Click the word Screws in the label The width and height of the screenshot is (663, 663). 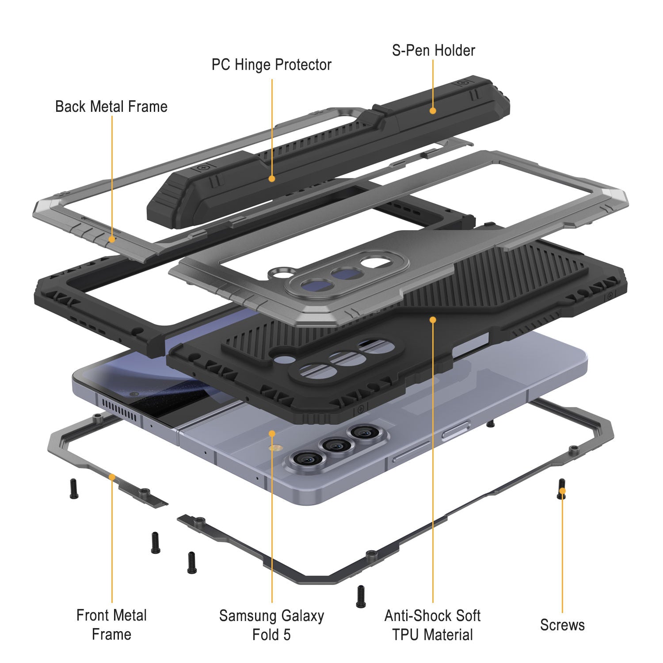562,625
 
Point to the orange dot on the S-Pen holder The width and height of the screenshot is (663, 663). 433,110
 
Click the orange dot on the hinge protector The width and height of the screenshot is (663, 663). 272,179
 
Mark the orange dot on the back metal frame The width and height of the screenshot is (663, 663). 112,239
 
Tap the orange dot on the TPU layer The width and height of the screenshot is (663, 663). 433,319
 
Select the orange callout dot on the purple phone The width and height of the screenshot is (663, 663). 272,434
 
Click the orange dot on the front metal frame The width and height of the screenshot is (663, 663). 112,477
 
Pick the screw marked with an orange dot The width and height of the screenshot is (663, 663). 562,489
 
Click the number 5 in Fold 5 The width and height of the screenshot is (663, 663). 287,635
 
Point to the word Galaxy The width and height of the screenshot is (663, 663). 298,616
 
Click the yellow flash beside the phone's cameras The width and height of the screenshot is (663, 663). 277,448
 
